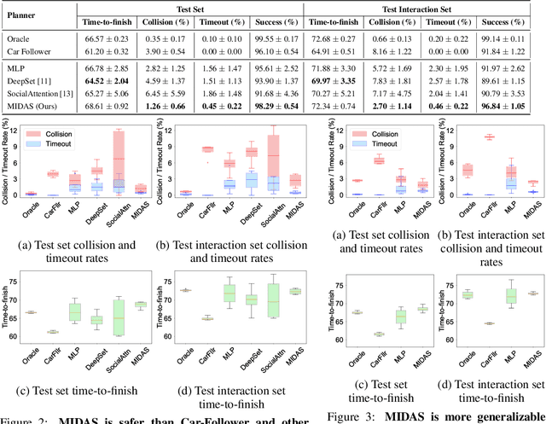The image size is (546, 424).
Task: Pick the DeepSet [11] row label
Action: click(32, 80)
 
